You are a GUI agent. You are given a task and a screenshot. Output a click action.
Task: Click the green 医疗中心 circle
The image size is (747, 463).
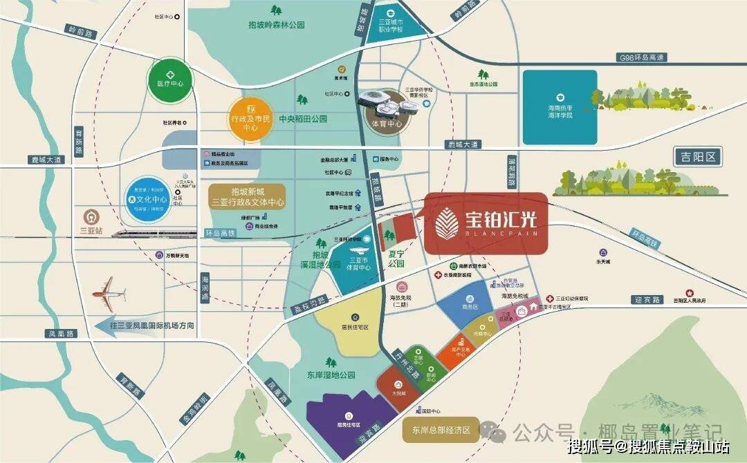pos(169,79)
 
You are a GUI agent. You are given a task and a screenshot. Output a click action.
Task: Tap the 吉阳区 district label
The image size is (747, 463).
pos(698,158)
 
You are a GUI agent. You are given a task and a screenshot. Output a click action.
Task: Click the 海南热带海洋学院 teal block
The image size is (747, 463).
pos(560,107)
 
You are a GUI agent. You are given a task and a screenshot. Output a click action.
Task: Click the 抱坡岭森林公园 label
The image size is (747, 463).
pos(277,25)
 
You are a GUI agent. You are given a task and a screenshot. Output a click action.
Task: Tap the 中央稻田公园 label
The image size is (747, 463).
pos(303,119)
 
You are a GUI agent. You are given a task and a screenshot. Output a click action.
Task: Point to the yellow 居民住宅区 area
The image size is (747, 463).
pos(349,319)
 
